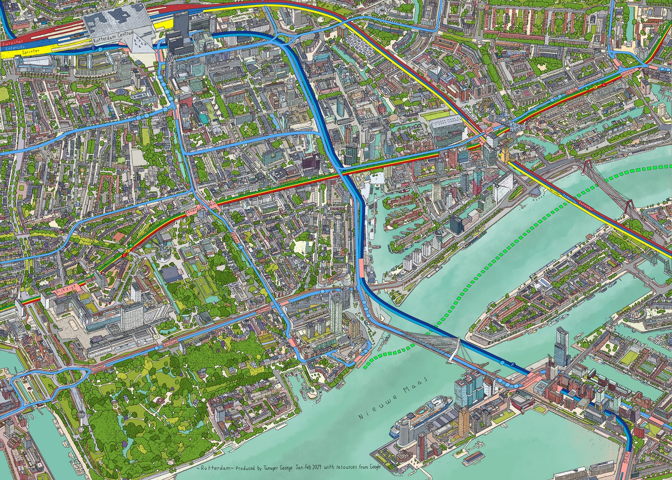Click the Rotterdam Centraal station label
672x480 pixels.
pyautogui.click(x=113, y=37)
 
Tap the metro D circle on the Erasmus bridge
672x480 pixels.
pyautogui.click(x=502, y=363)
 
